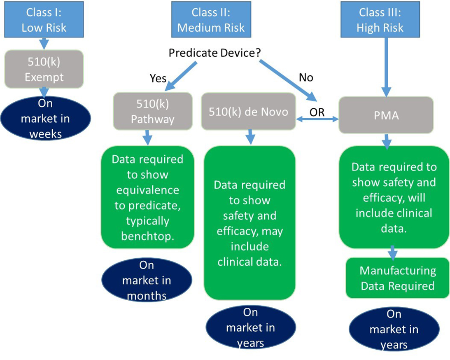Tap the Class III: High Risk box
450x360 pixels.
pos(380,19)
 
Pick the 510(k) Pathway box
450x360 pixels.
pos(153,111)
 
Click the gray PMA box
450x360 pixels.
pos(386,115)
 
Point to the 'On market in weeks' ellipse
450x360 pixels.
pos(45,118)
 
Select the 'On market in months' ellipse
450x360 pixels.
pos(147,280)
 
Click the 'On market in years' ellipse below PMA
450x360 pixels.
pos(394,330)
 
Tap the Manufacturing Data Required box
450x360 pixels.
pos(397,278)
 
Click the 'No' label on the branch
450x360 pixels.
pos(305,77)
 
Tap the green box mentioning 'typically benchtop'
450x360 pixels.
pos(147,198)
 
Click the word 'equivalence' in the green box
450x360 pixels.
pos(147,190)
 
